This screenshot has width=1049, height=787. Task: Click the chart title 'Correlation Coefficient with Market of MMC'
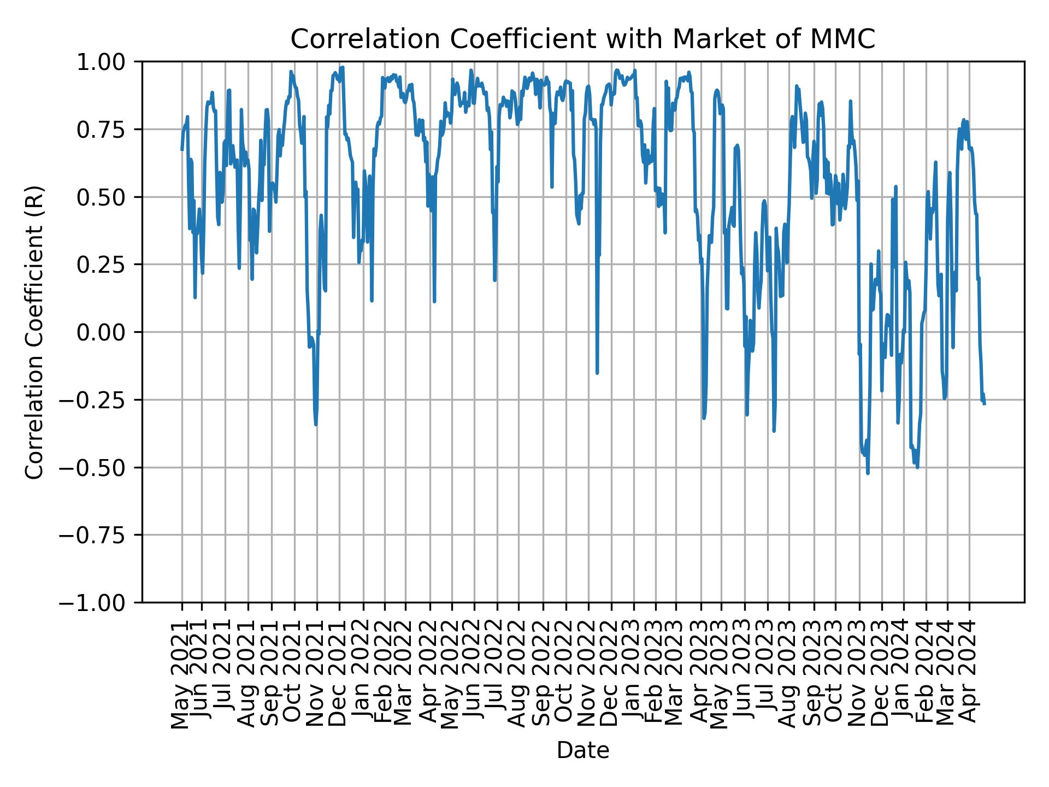pos(582,39)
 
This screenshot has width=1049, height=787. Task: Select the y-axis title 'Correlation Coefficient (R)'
pos(34,332)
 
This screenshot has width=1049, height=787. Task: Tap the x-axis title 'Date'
pos(582,751)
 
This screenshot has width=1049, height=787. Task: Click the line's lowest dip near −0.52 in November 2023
pos(868,473)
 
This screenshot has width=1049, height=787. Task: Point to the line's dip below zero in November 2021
pos(316,425)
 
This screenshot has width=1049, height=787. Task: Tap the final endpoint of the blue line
pos(985,404)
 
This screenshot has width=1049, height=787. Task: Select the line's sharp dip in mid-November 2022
pos(597,374)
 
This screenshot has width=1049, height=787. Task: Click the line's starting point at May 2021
pos(182,150)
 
